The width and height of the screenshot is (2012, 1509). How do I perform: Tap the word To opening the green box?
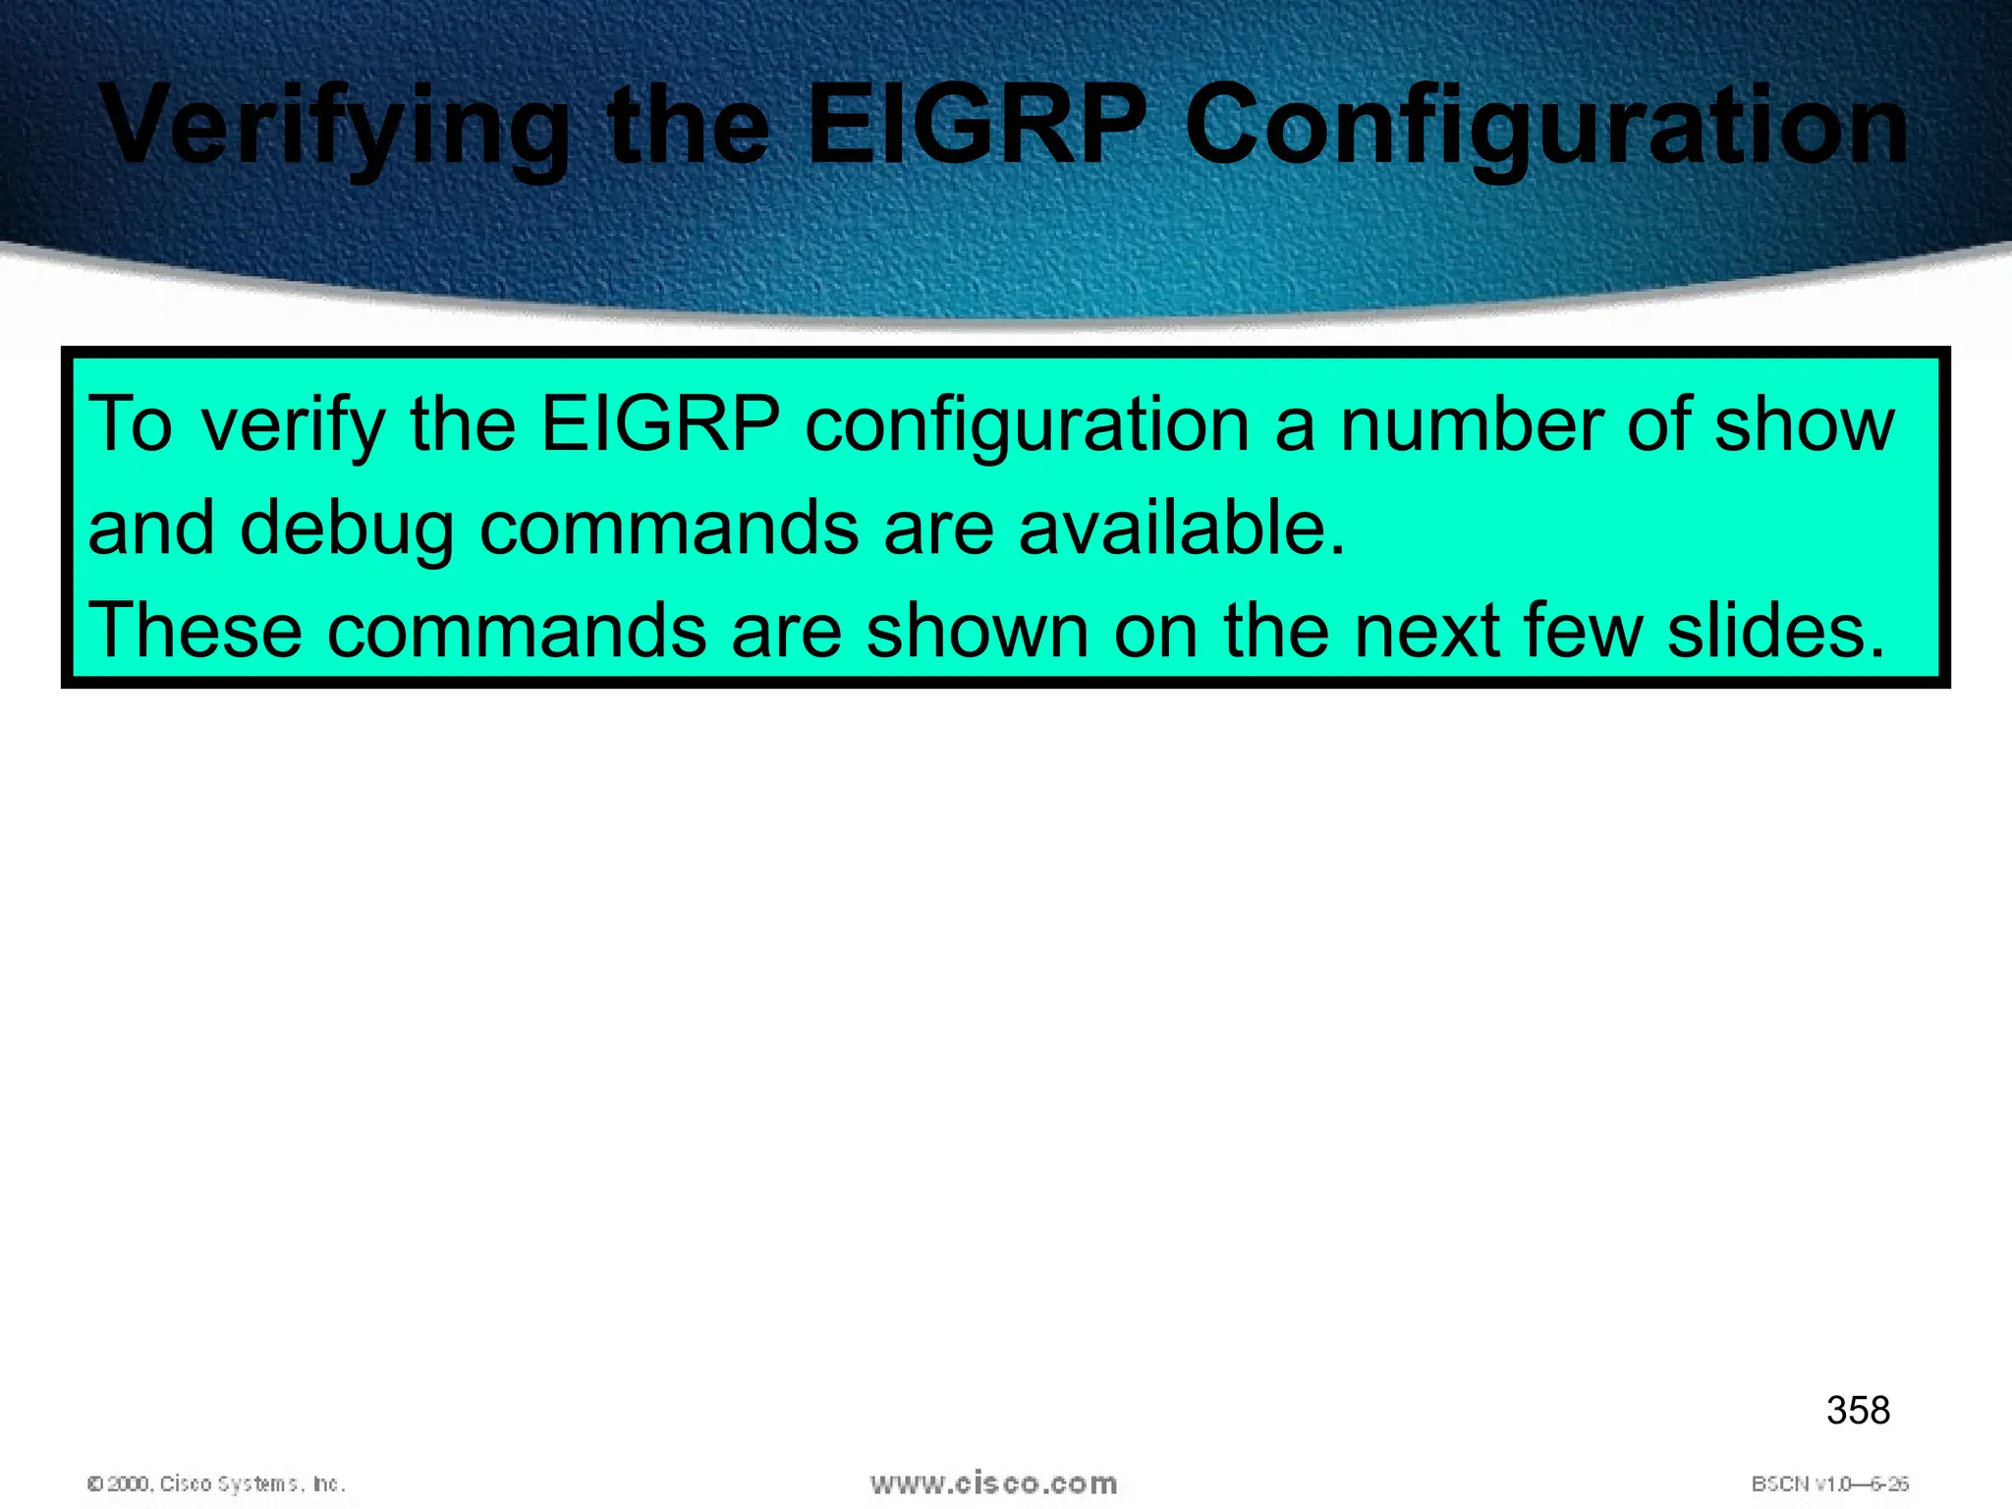click(130, 424)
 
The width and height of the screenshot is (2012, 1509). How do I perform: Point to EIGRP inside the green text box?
click(660, 424)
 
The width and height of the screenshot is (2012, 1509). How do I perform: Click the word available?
click(1181, 528)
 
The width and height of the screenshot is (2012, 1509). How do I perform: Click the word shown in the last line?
click(977, 630)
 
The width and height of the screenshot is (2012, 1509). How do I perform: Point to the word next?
click(1427, 630)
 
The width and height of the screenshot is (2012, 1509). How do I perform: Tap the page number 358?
click(1858, 1411)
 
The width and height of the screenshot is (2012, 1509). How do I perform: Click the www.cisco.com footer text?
click(993, 1483)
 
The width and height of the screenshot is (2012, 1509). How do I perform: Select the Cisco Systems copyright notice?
click(216, 1483)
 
